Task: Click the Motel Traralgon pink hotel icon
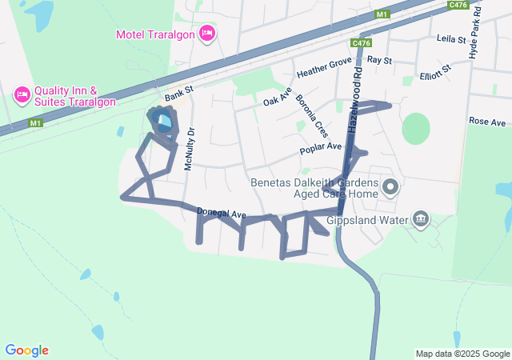(x=207, y=34)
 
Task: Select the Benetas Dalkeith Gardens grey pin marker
(x=390, y=188)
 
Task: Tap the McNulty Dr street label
(x=190, y=149)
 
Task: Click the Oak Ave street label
(x=275, y=98)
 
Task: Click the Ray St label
(x=380, y=61)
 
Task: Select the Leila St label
(x=450, y=38)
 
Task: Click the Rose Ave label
(x=488, y=122)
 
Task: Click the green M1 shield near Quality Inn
(x=35, y=123)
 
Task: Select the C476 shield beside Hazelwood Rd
(x=361, y=43)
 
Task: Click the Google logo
(x=27, y=350)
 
